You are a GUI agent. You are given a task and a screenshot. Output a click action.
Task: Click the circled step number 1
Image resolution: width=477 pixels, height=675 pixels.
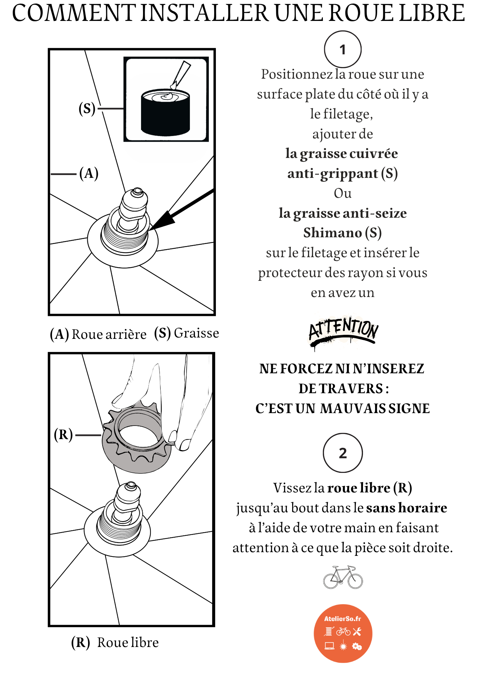tap(342, 50)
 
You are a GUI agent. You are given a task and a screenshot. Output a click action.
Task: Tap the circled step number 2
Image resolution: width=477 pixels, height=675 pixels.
tap(342, 453)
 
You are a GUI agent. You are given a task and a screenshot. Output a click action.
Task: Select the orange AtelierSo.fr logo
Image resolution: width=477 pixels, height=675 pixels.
tap(343, 633)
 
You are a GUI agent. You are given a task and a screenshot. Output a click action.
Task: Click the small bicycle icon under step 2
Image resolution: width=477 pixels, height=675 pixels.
tap(343, 577)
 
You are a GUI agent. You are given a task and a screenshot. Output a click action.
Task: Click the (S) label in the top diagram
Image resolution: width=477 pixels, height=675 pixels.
tap(87, 109)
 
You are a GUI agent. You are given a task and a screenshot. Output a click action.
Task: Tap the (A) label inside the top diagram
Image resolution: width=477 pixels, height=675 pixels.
tap(89, 173)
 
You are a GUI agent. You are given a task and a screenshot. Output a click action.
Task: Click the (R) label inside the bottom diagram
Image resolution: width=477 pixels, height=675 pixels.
tap(63, 435)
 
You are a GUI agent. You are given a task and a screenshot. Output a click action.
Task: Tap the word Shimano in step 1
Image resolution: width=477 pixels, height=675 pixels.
tap(332, 233)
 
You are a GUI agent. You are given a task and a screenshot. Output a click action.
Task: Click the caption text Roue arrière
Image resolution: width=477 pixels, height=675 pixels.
tap(109, 334)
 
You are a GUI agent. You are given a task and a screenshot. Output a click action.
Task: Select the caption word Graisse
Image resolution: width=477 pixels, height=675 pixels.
tap(196, 333)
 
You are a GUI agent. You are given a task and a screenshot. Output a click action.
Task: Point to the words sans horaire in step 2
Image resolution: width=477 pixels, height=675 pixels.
tap(406, 508)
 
